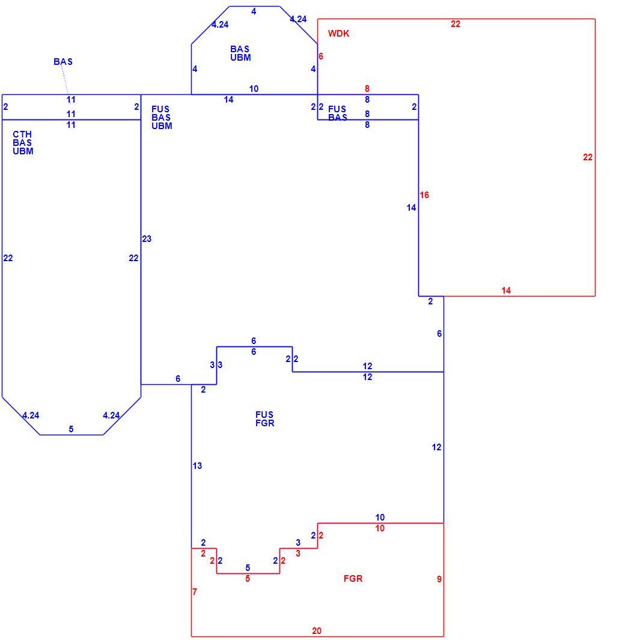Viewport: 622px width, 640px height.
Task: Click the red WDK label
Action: (x=338, y=34)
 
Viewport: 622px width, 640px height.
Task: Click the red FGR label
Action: (x=353, y=578)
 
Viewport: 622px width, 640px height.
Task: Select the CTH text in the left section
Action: (x=22, y=134)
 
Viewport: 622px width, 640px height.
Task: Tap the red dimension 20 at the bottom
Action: (x=317, y=630)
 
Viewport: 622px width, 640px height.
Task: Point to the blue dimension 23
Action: (x=147, y=239)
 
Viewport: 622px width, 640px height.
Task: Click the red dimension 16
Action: (x=424, y=195)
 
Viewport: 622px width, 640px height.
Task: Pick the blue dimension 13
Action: (x=197, y=466)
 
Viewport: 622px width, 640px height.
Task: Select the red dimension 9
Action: (x=439, y=579)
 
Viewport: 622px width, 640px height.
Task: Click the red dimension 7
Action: (x=195, y=591)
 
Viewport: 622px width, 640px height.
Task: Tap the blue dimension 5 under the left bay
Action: (x=71, y=429)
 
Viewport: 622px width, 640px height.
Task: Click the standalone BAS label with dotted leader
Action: (x=63, y=62)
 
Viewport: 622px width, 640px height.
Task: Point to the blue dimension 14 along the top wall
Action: (x=228, y=100)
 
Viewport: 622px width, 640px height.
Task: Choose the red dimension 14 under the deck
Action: (x=506, y=290)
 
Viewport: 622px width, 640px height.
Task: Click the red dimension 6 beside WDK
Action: (x=321, y=56)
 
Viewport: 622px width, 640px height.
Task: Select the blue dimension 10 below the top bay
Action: (x=254, y=89)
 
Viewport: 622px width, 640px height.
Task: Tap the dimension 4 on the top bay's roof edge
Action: (x=254, y=11)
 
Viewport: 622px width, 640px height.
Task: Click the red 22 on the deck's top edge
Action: (x=456, y=24)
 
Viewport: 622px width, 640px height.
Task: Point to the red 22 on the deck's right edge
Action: (x=588, y=157)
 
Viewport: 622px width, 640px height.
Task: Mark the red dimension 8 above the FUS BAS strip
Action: (x=367, y=89)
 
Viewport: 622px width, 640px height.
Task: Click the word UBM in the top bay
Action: (x=240, y=58)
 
